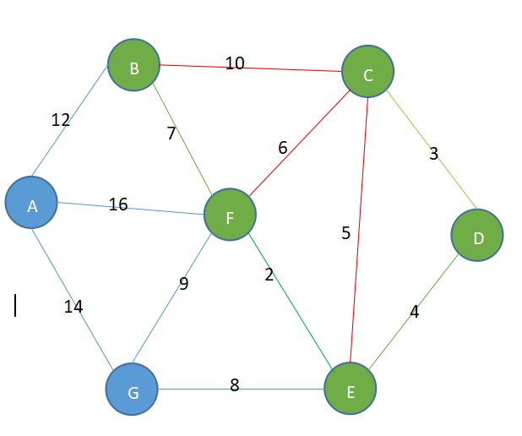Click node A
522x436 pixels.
pyautogui.click(x=31, y=203)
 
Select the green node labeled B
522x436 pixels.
pyautogui.click(x=133, y=65)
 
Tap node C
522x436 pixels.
pyautogui.click(x=367, y=74)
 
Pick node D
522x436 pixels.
pyautogui.click(x=477, y=236)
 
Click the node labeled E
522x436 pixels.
pyautogui.click(x=351, y=390)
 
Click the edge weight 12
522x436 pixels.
pyautogui.click(x=61, y=120)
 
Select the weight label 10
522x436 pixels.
pyautogui.click(x=235, y=63)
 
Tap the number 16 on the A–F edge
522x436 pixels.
pyautogui.click(x=118, y=204)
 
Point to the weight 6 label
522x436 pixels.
pyautogui.click(x=283, y=148)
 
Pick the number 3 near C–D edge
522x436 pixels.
pyautogui.click(x=434, y=154)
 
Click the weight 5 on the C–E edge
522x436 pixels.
pyautogui.click(x=345, y=234)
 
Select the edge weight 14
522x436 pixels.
pyautogui.click(x=73, y=307)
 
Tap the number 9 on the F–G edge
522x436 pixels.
pyautogui.click(x=183, y=284)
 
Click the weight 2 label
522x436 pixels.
pyautogui.click(x=269, y=275)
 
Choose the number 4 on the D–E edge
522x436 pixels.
pyautogui.click(x=414, y=312)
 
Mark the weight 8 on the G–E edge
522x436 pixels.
pyautogui.click(x=235, y=385)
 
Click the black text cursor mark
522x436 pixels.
pyautogui.click(x=15, y=305)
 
